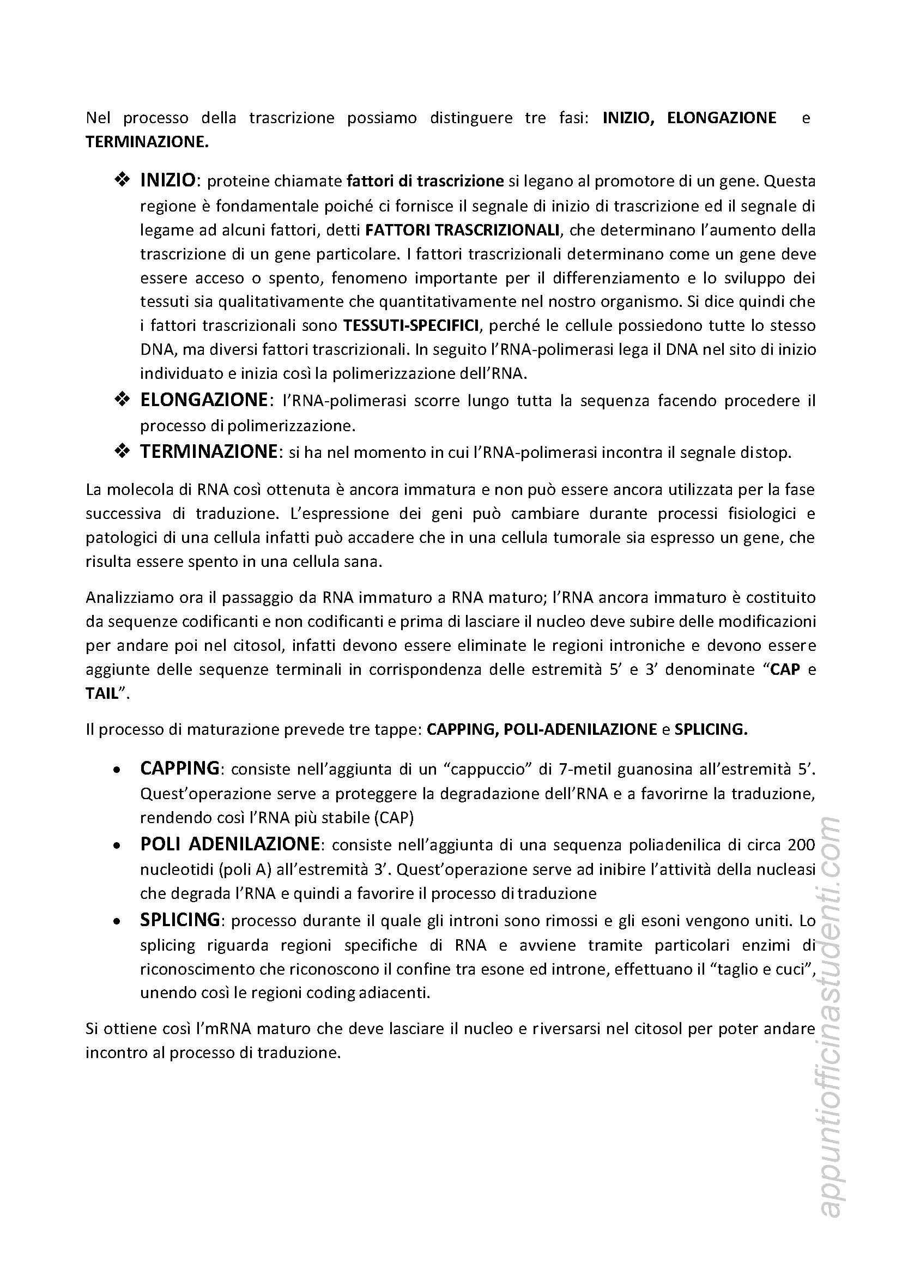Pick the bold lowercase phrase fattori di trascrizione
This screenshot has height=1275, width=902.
click(x=425, y=182)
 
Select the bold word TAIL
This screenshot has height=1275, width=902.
click(x=103, y=694)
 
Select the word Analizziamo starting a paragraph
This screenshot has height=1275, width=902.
click(x=124, y=598)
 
